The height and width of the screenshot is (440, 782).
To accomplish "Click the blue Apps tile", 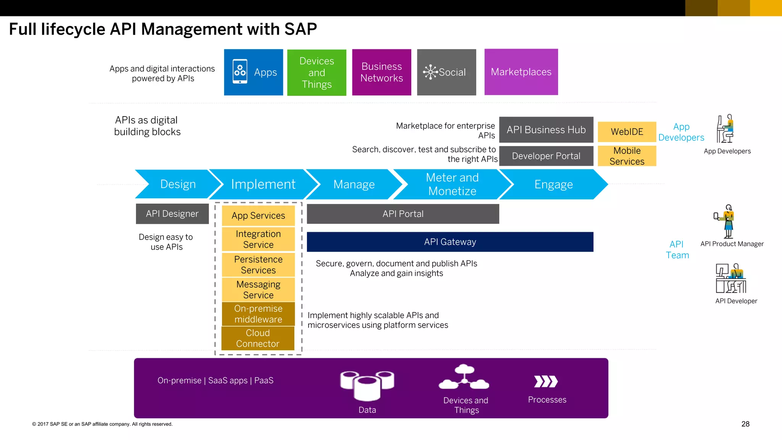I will pyautogui.click(x=254, y=72).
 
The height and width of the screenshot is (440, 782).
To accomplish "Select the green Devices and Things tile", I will pyautogui.click(x=317, y=73).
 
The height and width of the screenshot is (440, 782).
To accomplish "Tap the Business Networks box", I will pyautogui.click(x=381, y=72).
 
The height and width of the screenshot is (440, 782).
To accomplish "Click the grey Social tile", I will pyautogui.click(x=446, y=72).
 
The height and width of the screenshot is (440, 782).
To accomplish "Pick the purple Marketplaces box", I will pyautogui.click(x=521, y=72).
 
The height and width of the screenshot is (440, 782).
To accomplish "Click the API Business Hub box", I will pyautogui.click(x=546, y=130).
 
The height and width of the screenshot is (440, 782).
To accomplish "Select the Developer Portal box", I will pyautogui.click(x=546, y=156).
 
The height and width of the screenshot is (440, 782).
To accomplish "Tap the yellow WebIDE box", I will pyautogui.click(x=627, y=132).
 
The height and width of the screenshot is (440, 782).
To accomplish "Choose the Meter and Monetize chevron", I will pyautogui.click(x=452, y=184).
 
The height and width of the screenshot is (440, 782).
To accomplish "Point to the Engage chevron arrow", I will pyautogui.click(x=553, y=184).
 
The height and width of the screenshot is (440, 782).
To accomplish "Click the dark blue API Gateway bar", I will pyautogui.click(x=450, y=242).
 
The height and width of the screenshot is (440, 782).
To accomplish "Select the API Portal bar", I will pyautogui.click(x=403, y=214).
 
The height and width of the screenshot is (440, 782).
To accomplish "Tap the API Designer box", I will pyautogui.click(x=172, y=214).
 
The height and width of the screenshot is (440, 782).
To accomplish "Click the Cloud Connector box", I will pyautogui.click(x=258, y=338).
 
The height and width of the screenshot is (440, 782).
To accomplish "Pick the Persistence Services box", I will pyautogui.click(x=258, y=265).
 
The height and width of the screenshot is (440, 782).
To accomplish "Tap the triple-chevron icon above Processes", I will pyautogui.click(x=546, y=381).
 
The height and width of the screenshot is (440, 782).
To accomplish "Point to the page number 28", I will pyautogui.click(x=745, y=424).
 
